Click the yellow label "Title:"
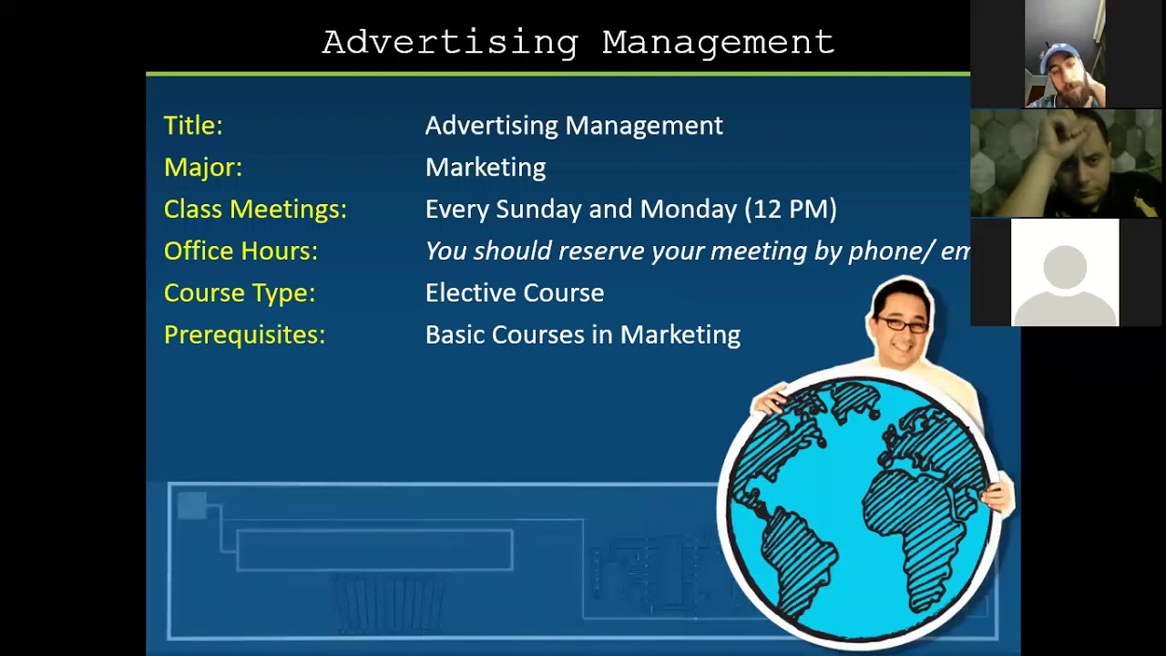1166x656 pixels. pyautogui.click(x=193, y=126)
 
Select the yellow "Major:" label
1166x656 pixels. pyautogui.click(x=203, y=168)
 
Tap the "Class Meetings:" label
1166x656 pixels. pyautogui.click(x=255, y=210)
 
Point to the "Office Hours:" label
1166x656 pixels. pyautogui.click(x=240, y=251)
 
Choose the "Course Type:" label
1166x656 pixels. pyautogui.click(x=240, y=293)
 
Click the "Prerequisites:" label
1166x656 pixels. pyautogui.click(x=244, y=335)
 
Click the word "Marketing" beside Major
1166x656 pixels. pyautogui.click(x=486, y=168)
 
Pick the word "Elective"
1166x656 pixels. pyautogui.click(x=469, y=293)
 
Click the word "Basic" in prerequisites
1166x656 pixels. pyautogui.click(x=455, y=335)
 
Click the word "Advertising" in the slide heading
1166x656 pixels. pyautogui.click(x=450, y=43)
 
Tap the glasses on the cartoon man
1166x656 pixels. pyautogui.click(x=901, y=323)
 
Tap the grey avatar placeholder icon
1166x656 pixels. pyautogui.click(x=1065, y=272)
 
